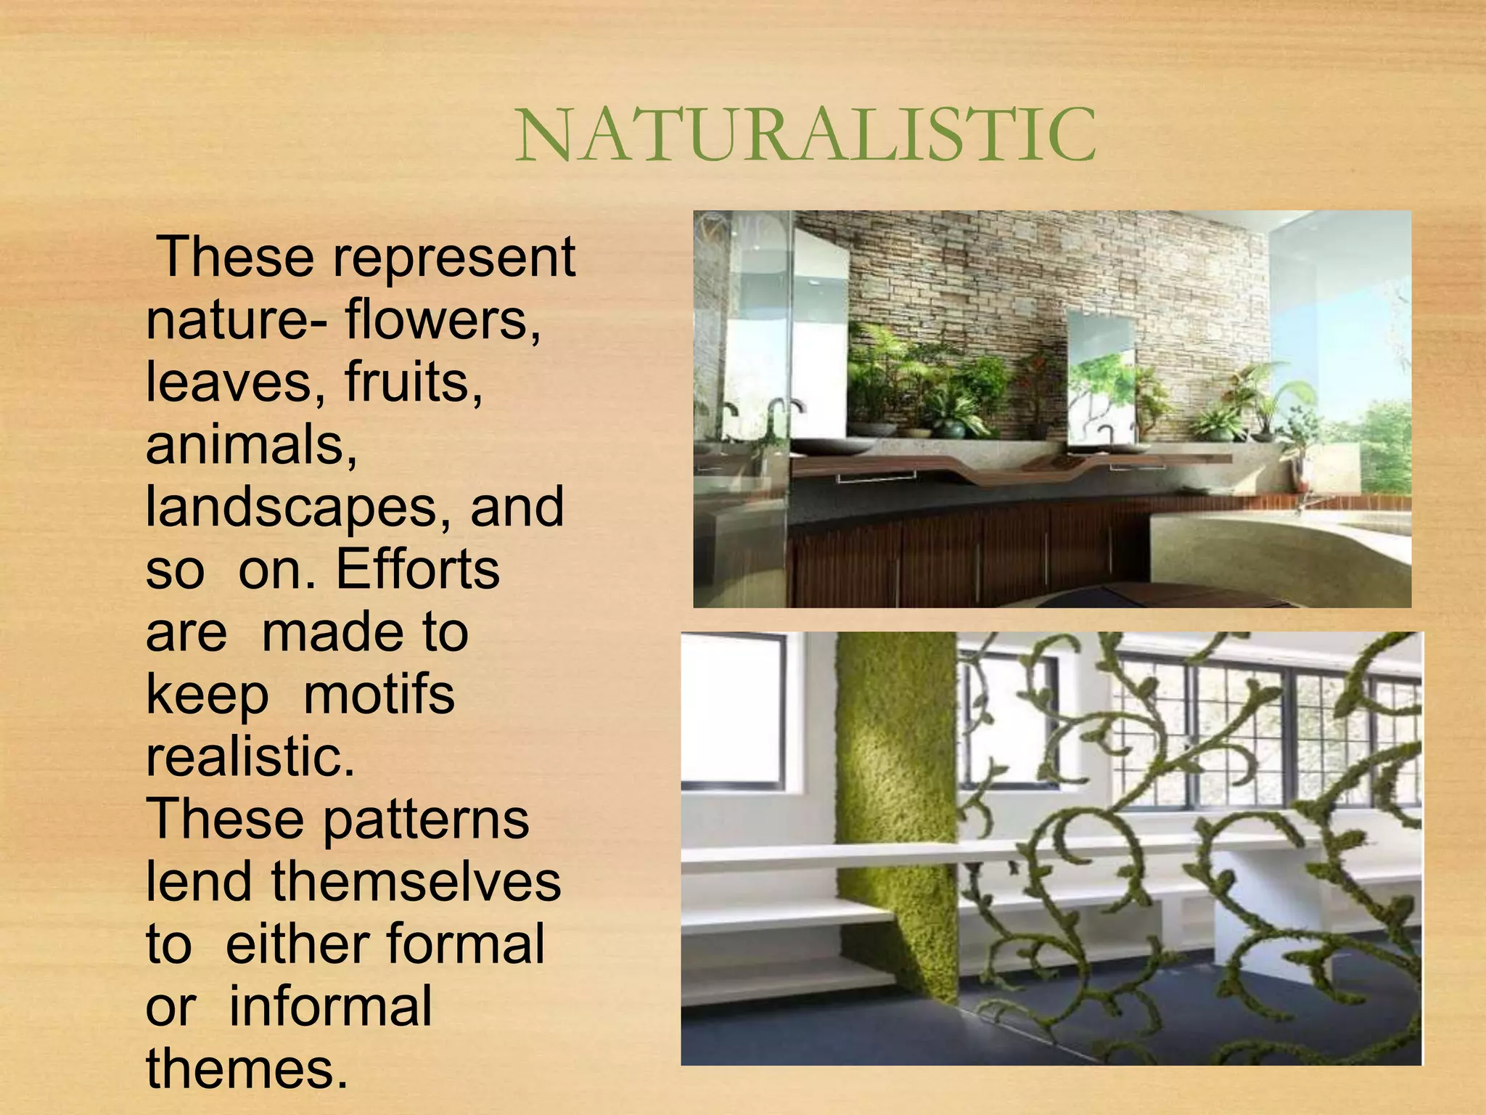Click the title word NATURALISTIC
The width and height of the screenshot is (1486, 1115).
[805, 136]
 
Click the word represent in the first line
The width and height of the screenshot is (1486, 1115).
[453, 258]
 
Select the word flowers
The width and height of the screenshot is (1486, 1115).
[443, 320]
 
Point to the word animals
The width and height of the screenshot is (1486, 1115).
[251, 445]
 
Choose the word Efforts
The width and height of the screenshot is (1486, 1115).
[417, 570]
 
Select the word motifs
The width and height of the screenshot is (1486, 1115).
[379, 695]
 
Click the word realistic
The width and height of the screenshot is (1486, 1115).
[250, 757]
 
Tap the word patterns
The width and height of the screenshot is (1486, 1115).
[425, 820]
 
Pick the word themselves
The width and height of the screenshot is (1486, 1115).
[416, 882]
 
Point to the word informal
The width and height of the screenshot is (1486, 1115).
[330, 1007]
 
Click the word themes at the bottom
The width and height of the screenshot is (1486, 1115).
[247, 1069]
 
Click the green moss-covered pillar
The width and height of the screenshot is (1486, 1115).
[896, 799]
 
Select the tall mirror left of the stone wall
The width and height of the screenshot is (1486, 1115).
[820, 327]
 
